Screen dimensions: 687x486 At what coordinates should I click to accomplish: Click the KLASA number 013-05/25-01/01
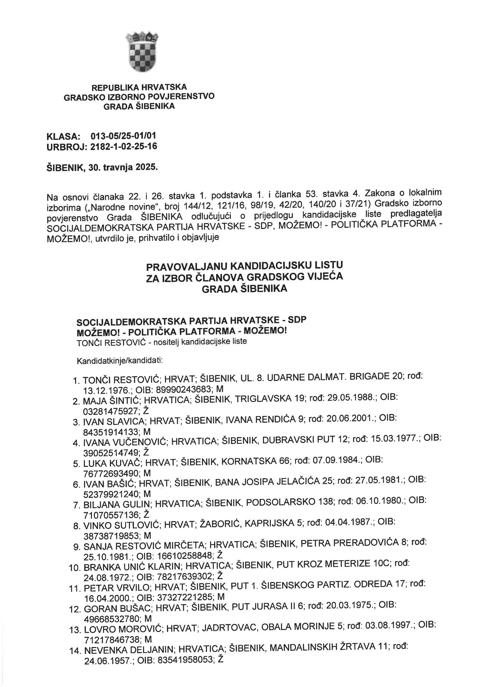(123, 136)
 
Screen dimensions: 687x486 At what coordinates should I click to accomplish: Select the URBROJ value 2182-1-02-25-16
(124, 146)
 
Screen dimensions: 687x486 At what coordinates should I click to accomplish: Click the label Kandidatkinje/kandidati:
(120, 361)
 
